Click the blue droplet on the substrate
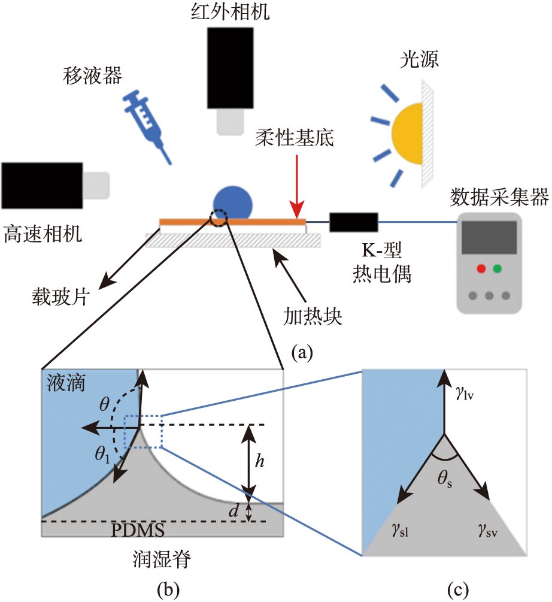click(x=233, y=202)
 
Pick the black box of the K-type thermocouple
click(x=353, y=222)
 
